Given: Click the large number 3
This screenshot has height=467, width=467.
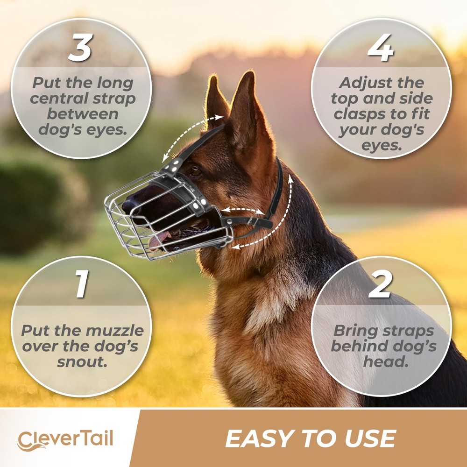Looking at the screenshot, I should pos(80,48).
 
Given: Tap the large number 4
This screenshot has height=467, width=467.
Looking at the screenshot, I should pos(381,48).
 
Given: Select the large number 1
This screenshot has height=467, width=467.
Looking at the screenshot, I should pos(82,284).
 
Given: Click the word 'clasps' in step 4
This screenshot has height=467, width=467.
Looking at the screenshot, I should pos(361,114).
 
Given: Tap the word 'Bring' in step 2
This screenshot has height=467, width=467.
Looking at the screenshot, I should pos(354,331).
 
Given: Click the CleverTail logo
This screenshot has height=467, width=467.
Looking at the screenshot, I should pos(65,439).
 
